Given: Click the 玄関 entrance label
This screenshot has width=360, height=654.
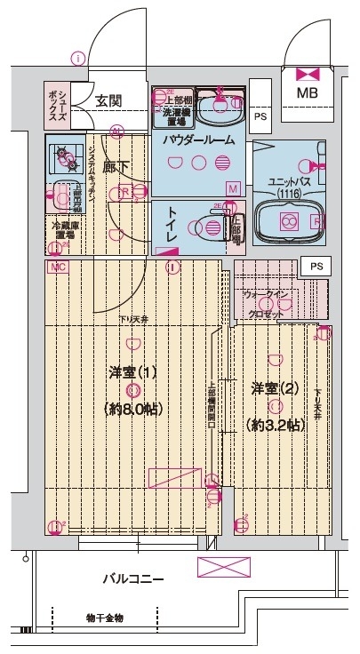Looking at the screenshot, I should pos(109,103).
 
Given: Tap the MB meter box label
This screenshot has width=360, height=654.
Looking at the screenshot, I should pos(308,92).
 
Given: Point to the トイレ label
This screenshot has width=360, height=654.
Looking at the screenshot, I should pos(168,225).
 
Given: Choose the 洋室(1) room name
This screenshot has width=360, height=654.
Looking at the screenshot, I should pos(132,372).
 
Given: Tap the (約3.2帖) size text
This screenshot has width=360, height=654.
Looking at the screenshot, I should pos(274,426).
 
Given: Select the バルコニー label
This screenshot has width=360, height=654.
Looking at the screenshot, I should pos(132,579).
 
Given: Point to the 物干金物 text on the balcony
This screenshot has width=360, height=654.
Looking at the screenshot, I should pos(105,618).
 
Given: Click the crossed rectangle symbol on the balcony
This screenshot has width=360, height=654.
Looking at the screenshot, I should pos(219,567).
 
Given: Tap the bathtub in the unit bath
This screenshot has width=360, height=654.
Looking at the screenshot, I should pos(288,222).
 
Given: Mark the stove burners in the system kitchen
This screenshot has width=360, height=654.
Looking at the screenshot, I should pos(65,158).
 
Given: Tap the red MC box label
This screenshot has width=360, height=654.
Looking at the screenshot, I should pos(56,267).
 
